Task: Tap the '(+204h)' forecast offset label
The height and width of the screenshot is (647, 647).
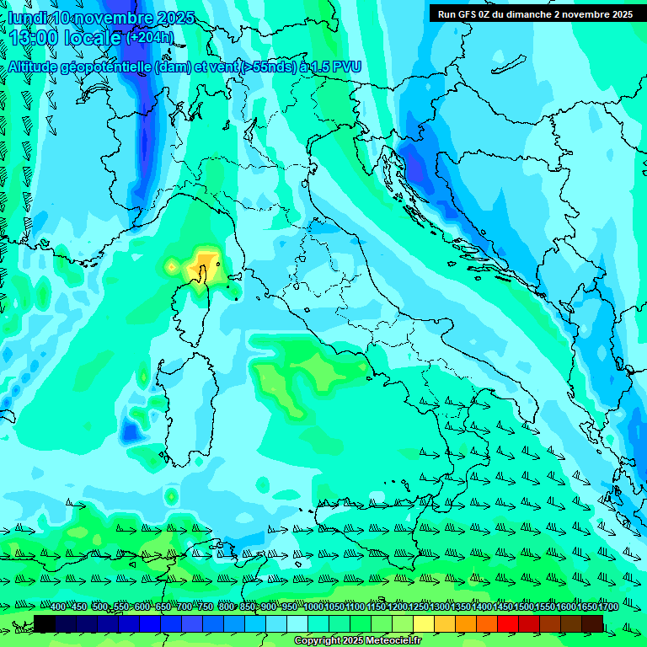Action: [150, 37]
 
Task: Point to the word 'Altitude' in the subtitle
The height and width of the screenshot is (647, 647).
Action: [39, 67]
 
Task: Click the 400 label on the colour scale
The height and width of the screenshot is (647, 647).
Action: [58, 607]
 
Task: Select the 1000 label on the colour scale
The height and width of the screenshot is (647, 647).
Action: [313, 607]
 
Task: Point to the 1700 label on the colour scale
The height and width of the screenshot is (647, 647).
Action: [586, 607]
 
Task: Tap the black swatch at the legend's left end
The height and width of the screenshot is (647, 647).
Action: [45, 623]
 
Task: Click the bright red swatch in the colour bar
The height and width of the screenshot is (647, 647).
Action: [508, 623]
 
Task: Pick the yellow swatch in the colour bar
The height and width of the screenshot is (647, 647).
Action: [424, 623]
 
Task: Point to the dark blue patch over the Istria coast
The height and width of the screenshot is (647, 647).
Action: [414, 164]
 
